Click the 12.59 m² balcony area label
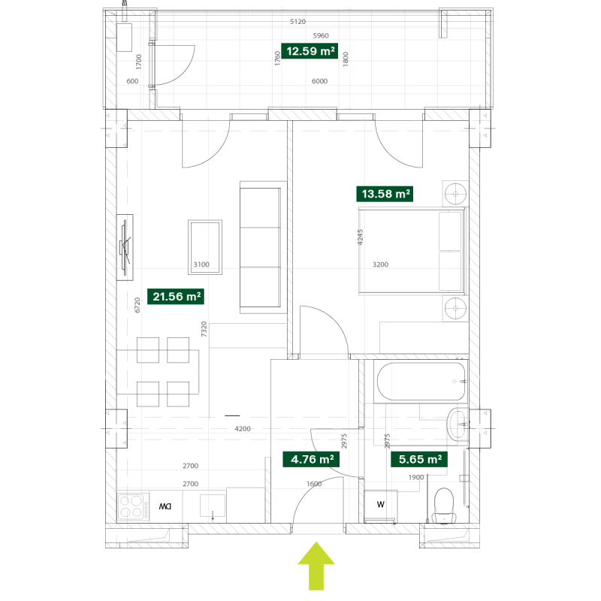pos(310,51)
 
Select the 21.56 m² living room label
pos(176,296)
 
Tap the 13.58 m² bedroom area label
pos(385,194)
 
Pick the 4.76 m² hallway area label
pos(311,459)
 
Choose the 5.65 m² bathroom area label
pos(419,459)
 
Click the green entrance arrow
pos(316,566)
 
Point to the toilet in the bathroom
pos(444,506)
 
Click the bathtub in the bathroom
pos(421,382)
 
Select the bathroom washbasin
pos(458,424)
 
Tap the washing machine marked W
pos(381,504)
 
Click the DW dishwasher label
pos(165,506)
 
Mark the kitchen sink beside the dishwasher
pos(213,506)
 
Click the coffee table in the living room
pos(205,247)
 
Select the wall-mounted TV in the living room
pos(125,247)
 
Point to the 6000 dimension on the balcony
pos(319,81)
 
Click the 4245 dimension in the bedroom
pos(360,237)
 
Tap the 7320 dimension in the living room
pos(204,329)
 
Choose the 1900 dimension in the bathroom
pos(416,477)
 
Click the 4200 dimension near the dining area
pos(243,428)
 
